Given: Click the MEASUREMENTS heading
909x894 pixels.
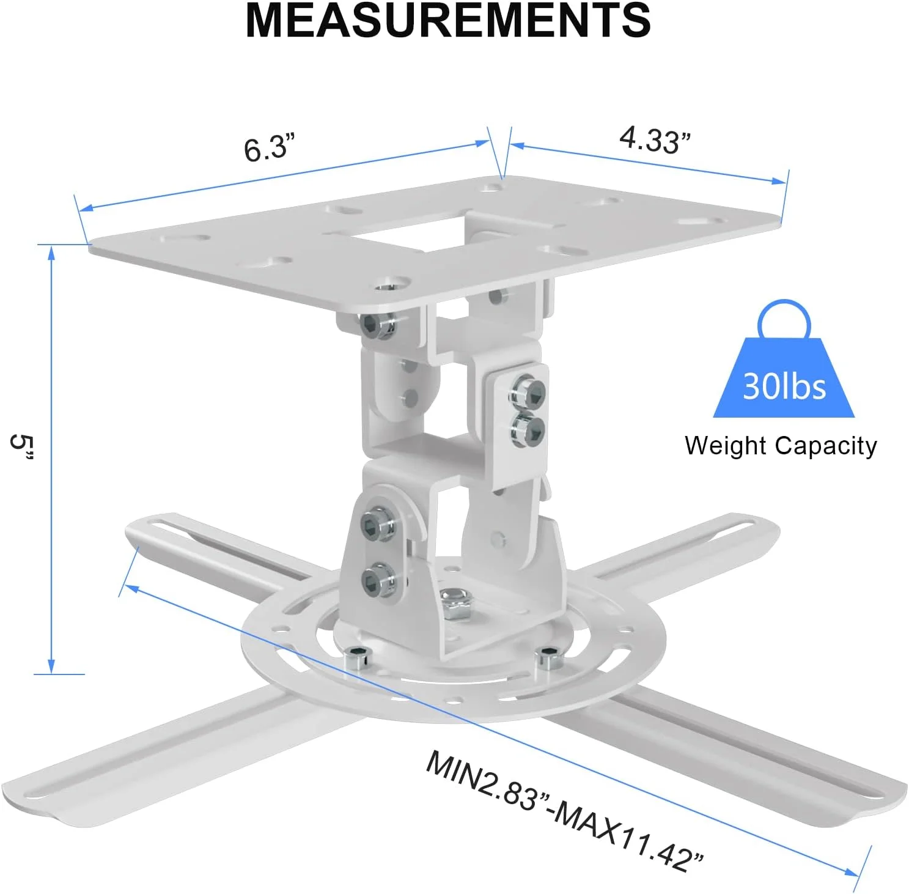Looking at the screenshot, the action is pos(448,20).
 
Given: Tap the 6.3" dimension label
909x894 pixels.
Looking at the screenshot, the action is pos(269,149).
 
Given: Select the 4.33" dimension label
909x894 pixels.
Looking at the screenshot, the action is pos(655,140).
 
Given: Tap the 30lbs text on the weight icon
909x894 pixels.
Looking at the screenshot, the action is pos(784,386).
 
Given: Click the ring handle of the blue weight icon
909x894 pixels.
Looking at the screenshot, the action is pos(784,317).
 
